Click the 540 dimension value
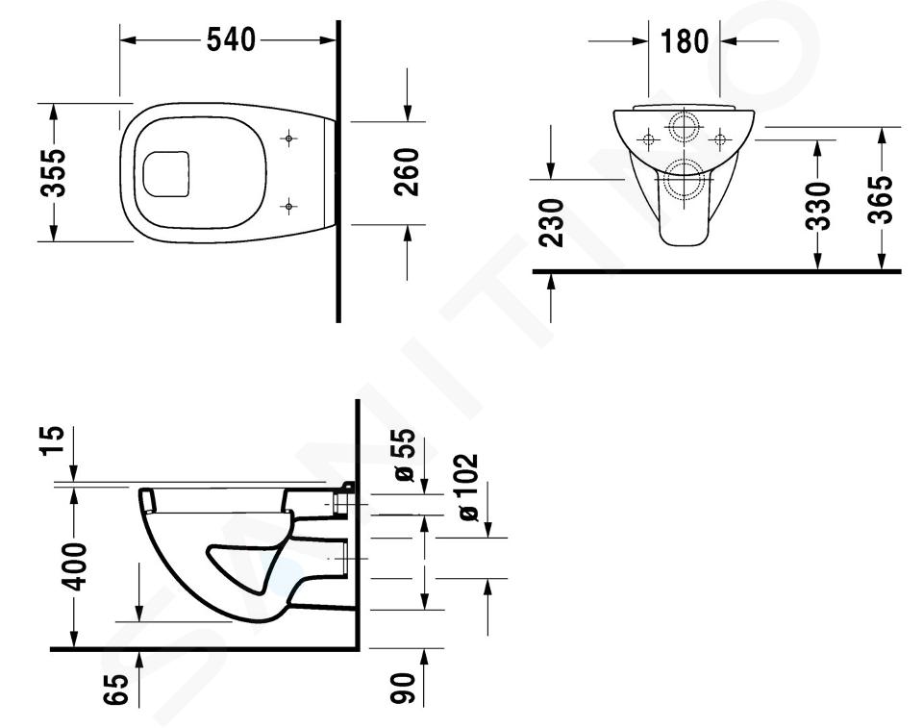pos(231,40)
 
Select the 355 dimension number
pos(56,172)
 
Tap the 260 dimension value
pos(407,172)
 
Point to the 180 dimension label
pos(684,41)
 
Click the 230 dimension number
pos(552,223)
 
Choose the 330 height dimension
pos(817,206)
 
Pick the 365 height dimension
pos(882,200)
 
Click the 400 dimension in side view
pos(75,566)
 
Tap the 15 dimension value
pos(52,441)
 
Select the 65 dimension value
pos(115,690)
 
